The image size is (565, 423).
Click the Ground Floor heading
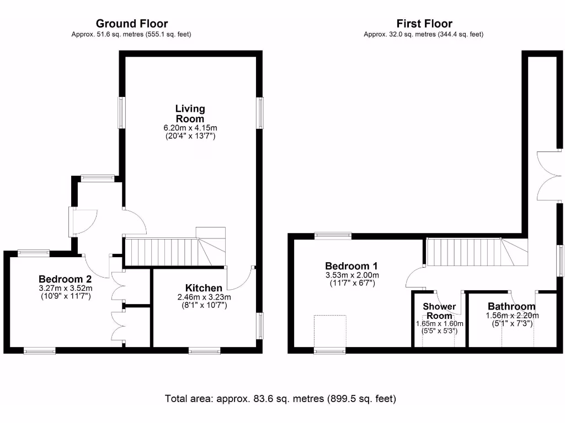tap(132, 23)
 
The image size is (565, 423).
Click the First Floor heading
tap(424, 23)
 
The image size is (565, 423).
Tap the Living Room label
tap(190, 113)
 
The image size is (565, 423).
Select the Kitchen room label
tap(204, 288)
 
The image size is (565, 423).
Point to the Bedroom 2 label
tap(65, 279)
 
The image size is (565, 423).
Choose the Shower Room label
tap(439, 311)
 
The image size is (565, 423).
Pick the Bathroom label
tap(511, 307)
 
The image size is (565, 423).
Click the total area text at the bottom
tap(281, 398)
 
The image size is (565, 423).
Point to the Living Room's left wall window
tap(121, 114)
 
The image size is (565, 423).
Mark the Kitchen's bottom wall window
tap(205, 350)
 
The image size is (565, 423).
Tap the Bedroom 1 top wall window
tap(333, 236)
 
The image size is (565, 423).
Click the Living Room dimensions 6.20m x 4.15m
tap(189, 128)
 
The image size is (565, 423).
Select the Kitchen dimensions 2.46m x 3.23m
tap(204, 297)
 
